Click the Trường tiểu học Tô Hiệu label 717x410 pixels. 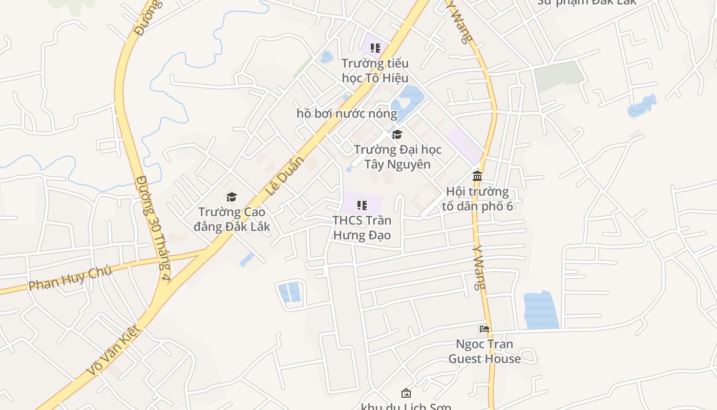click(x=375, y=71)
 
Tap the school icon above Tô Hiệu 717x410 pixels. click(x=375, y=48)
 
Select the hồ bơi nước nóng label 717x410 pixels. click(x=347, y=113)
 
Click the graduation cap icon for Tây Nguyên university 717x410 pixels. click(x=397, y=135)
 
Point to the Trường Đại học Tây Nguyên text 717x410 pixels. click(x=397, y=157)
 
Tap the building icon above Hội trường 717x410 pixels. click(x=477, y=176)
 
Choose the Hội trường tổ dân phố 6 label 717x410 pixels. click(x=477, y=199)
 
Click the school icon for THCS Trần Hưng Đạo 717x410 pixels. click(x=362, y=206)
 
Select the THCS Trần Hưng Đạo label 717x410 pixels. click(x=362, y=228)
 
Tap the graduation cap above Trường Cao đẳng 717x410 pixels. click(x=232, y=197)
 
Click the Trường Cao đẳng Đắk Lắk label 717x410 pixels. click(x=232, y=219)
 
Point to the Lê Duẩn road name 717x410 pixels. click(x=285, y=176)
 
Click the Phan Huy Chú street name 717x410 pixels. click(x=70, y=279)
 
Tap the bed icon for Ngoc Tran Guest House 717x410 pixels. click(x=484, y=329)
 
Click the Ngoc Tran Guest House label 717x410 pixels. click(x=484, y=351)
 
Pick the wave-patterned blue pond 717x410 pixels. click(x=541, y=310)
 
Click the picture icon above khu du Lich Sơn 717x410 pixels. click(x=406, y=393)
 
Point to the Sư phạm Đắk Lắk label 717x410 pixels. click(x=586, y=2)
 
